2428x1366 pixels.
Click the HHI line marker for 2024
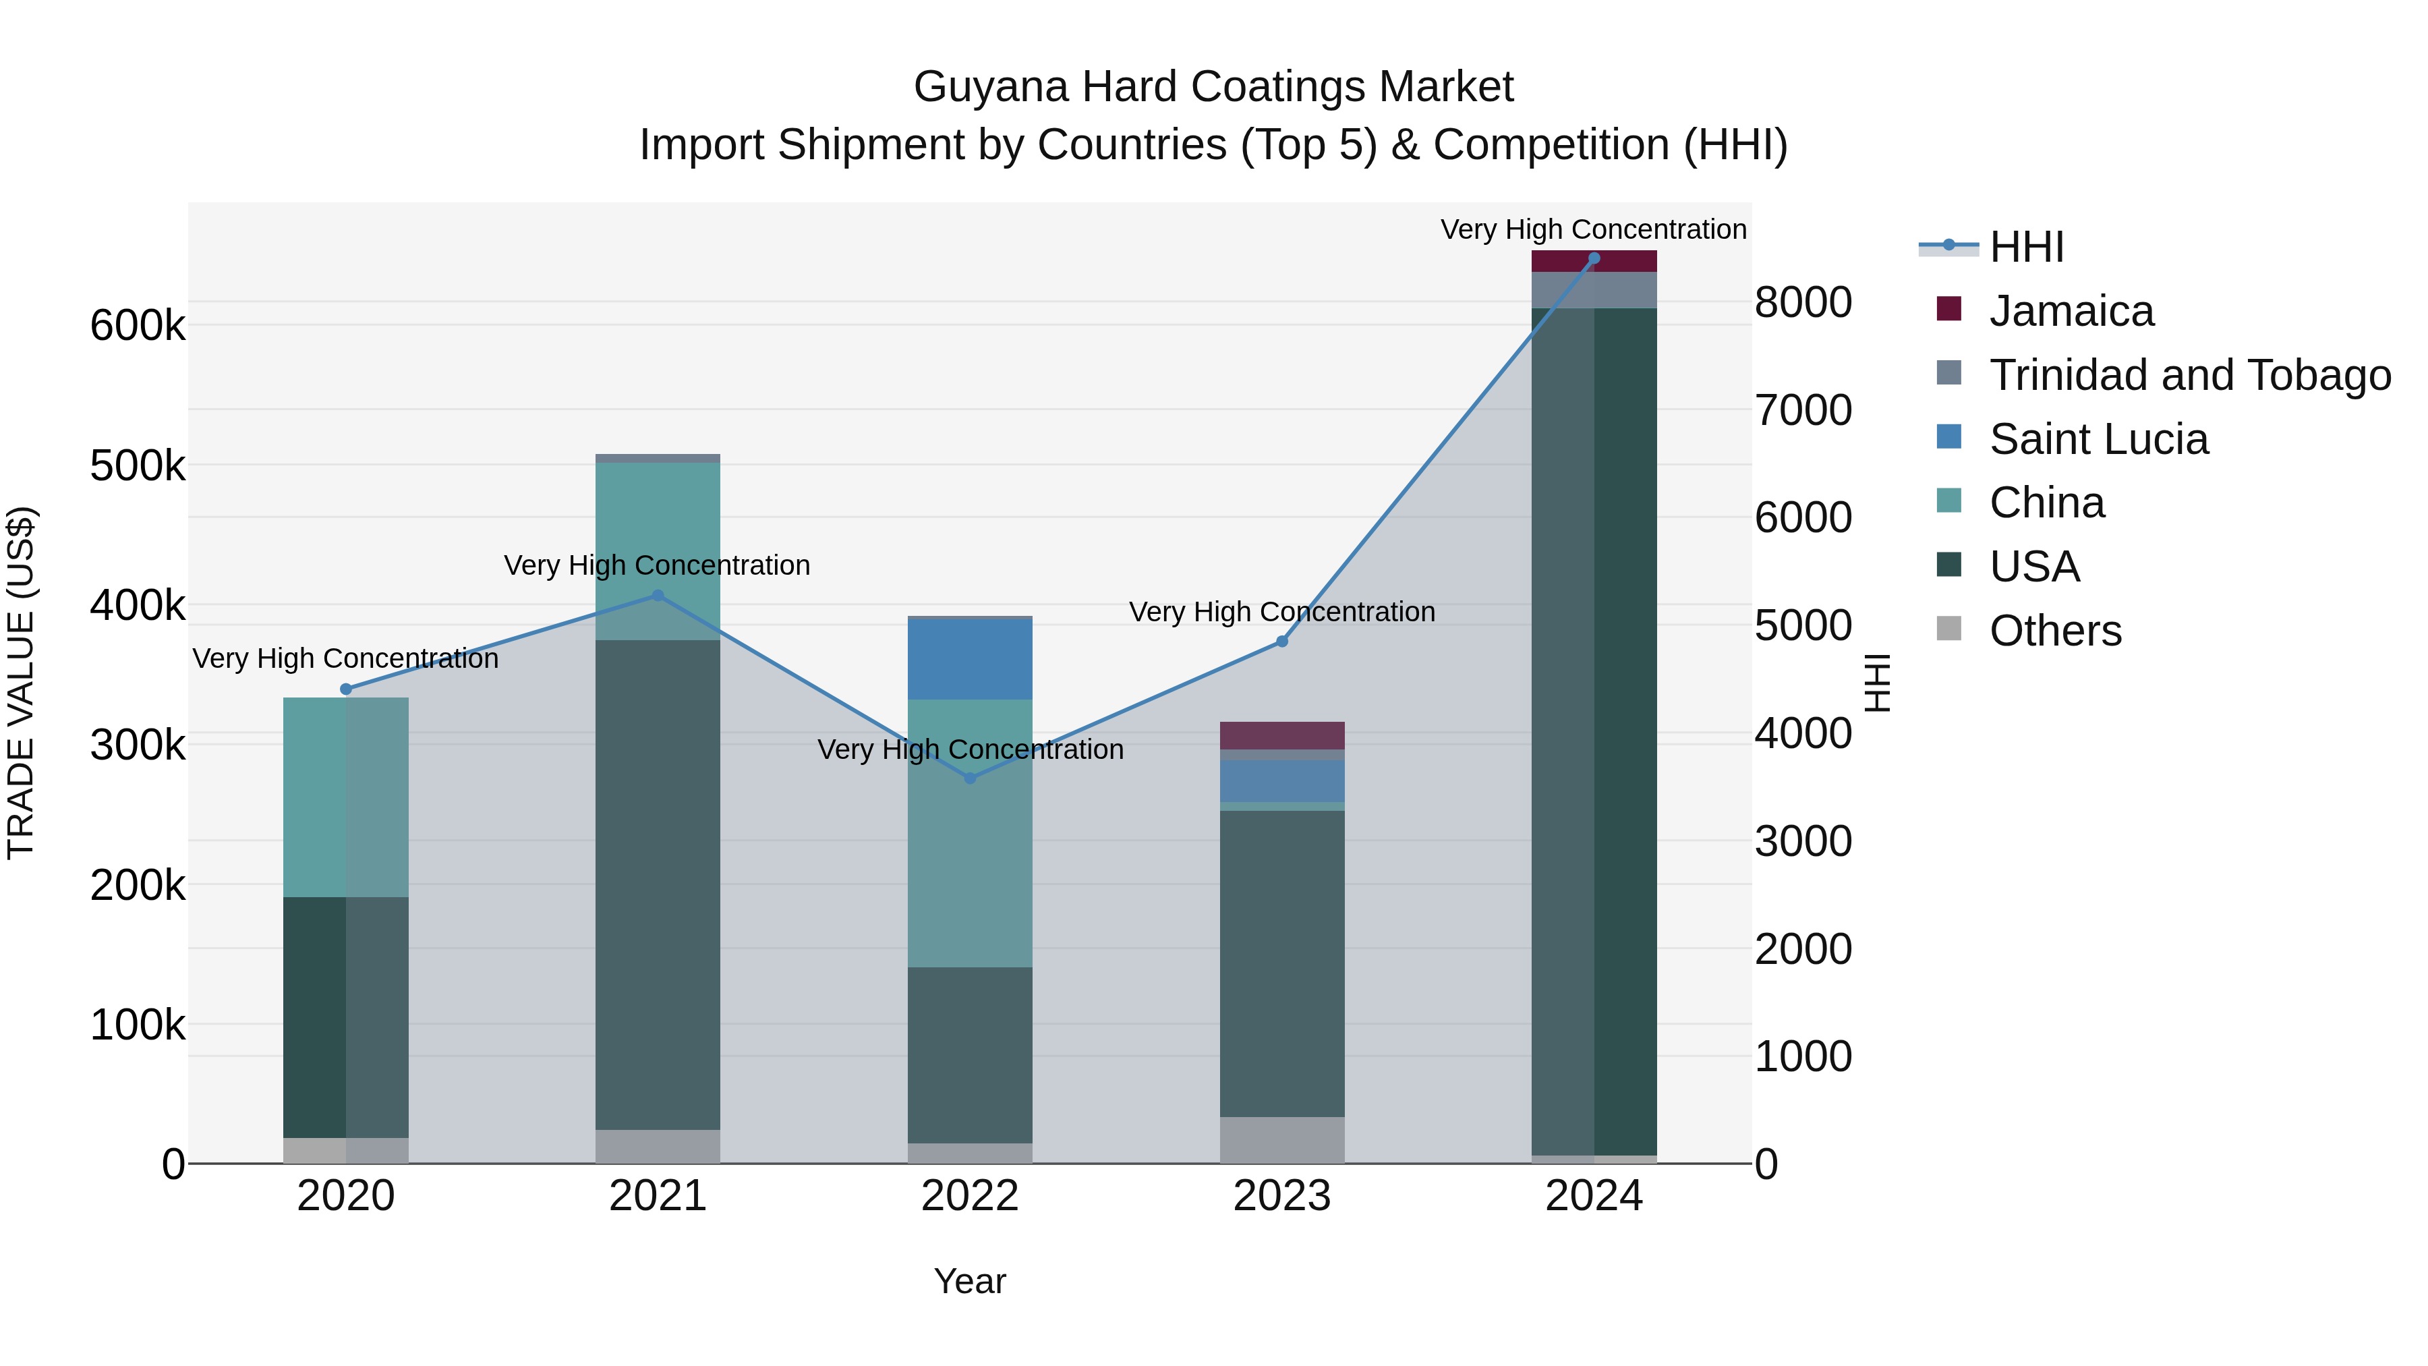1594,258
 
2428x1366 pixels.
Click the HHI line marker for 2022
970,778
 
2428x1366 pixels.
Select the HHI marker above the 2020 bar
346,689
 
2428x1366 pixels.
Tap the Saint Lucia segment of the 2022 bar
970,658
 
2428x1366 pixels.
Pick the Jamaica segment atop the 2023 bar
1282,735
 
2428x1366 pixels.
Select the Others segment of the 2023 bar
1282,1140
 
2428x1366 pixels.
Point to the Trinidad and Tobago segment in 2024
1594,289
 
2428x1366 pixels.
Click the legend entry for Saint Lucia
2098,439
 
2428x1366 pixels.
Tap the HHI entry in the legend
2027,247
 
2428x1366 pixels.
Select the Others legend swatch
1948,629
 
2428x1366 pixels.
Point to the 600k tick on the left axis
138,326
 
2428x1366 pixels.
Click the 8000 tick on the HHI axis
1802,303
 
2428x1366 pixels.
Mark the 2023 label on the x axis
1282,1196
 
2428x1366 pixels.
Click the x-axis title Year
970,1281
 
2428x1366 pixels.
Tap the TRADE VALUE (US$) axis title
21,683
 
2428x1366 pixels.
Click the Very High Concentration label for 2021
657,566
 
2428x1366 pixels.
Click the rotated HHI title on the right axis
1878,683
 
